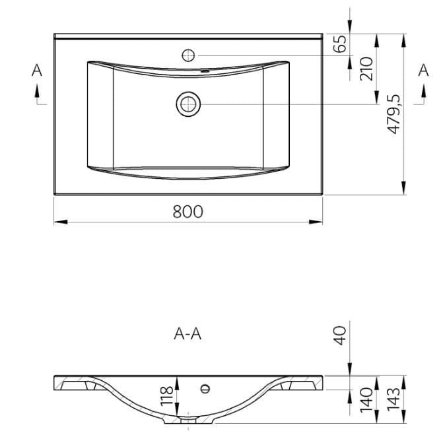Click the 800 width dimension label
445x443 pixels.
(188, 212)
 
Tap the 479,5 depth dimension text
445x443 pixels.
(394, 114)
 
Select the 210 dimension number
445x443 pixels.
(366, 69)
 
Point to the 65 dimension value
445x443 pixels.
(340, 44)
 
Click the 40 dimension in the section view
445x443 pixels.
(340, 335)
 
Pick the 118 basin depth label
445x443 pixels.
(167, 396)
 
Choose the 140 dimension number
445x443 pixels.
(366, 399)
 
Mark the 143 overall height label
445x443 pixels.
(394, 399)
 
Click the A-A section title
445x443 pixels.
(188, 334)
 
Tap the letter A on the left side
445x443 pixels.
(37, 70)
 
